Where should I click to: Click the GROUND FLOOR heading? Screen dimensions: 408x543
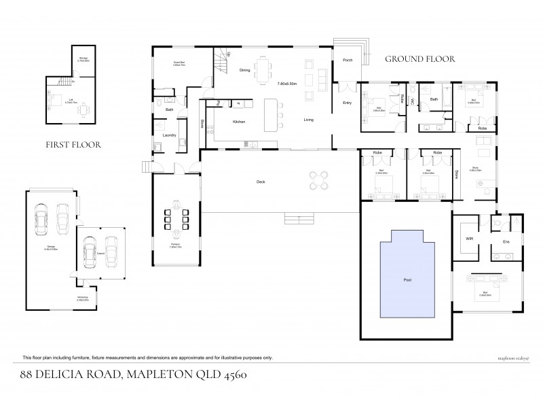point(419,59)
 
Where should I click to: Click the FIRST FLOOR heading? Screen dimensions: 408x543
point(73,144)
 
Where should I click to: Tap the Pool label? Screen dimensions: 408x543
point(407,279)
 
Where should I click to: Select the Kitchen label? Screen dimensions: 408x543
point(238,121)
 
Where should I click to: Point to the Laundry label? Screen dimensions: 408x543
point(169,135)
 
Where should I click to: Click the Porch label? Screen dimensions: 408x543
point(347,59)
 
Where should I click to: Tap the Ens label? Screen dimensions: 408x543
point(505,241)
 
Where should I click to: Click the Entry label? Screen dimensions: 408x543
point(347,103)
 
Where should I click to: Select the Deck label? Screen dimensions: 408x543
point(261,182)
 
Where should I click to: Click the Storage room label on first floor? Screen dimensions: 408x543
point(82,59)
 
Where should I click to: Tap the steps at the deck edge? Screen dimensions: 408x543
point(299,218)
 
